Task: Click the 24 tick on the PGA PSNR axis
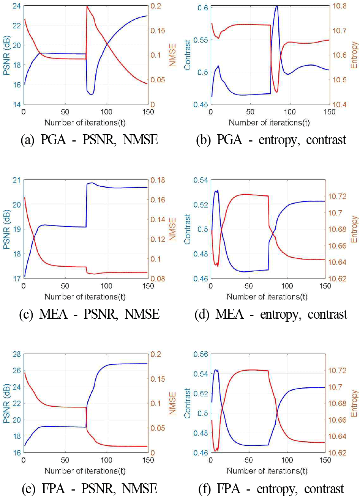[16, 6]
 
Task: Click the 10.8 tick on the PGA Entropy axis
[341, 6]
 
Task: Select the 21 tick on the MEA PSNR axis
[16, 180]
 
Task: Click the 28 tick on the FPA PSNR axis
[16, 354]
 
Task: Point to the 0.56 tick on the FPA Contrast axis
[201, 354]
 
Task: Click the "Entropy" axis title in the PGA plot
[354, 55]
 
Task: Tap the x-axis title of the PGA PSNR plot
[85, 123]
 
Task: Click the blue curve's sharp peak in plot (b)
[277, 6]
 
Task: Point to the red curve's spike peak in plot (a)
[87, 6]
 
